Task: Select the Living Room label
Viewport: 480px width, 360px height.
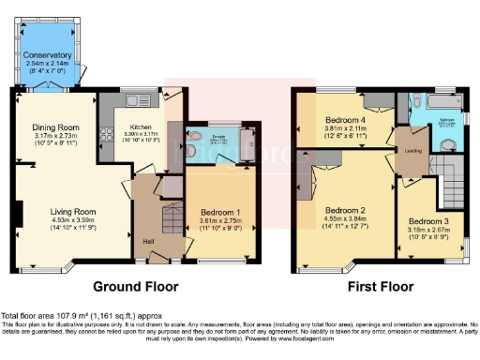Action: [73, 212]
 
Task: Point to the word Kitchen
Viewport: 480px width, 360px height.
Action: [141, 127]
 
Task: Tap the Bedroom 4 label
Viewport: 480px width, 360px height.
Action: [344, 121]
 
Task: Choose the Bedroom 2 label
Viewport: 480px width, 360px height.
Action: [344, 211]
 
